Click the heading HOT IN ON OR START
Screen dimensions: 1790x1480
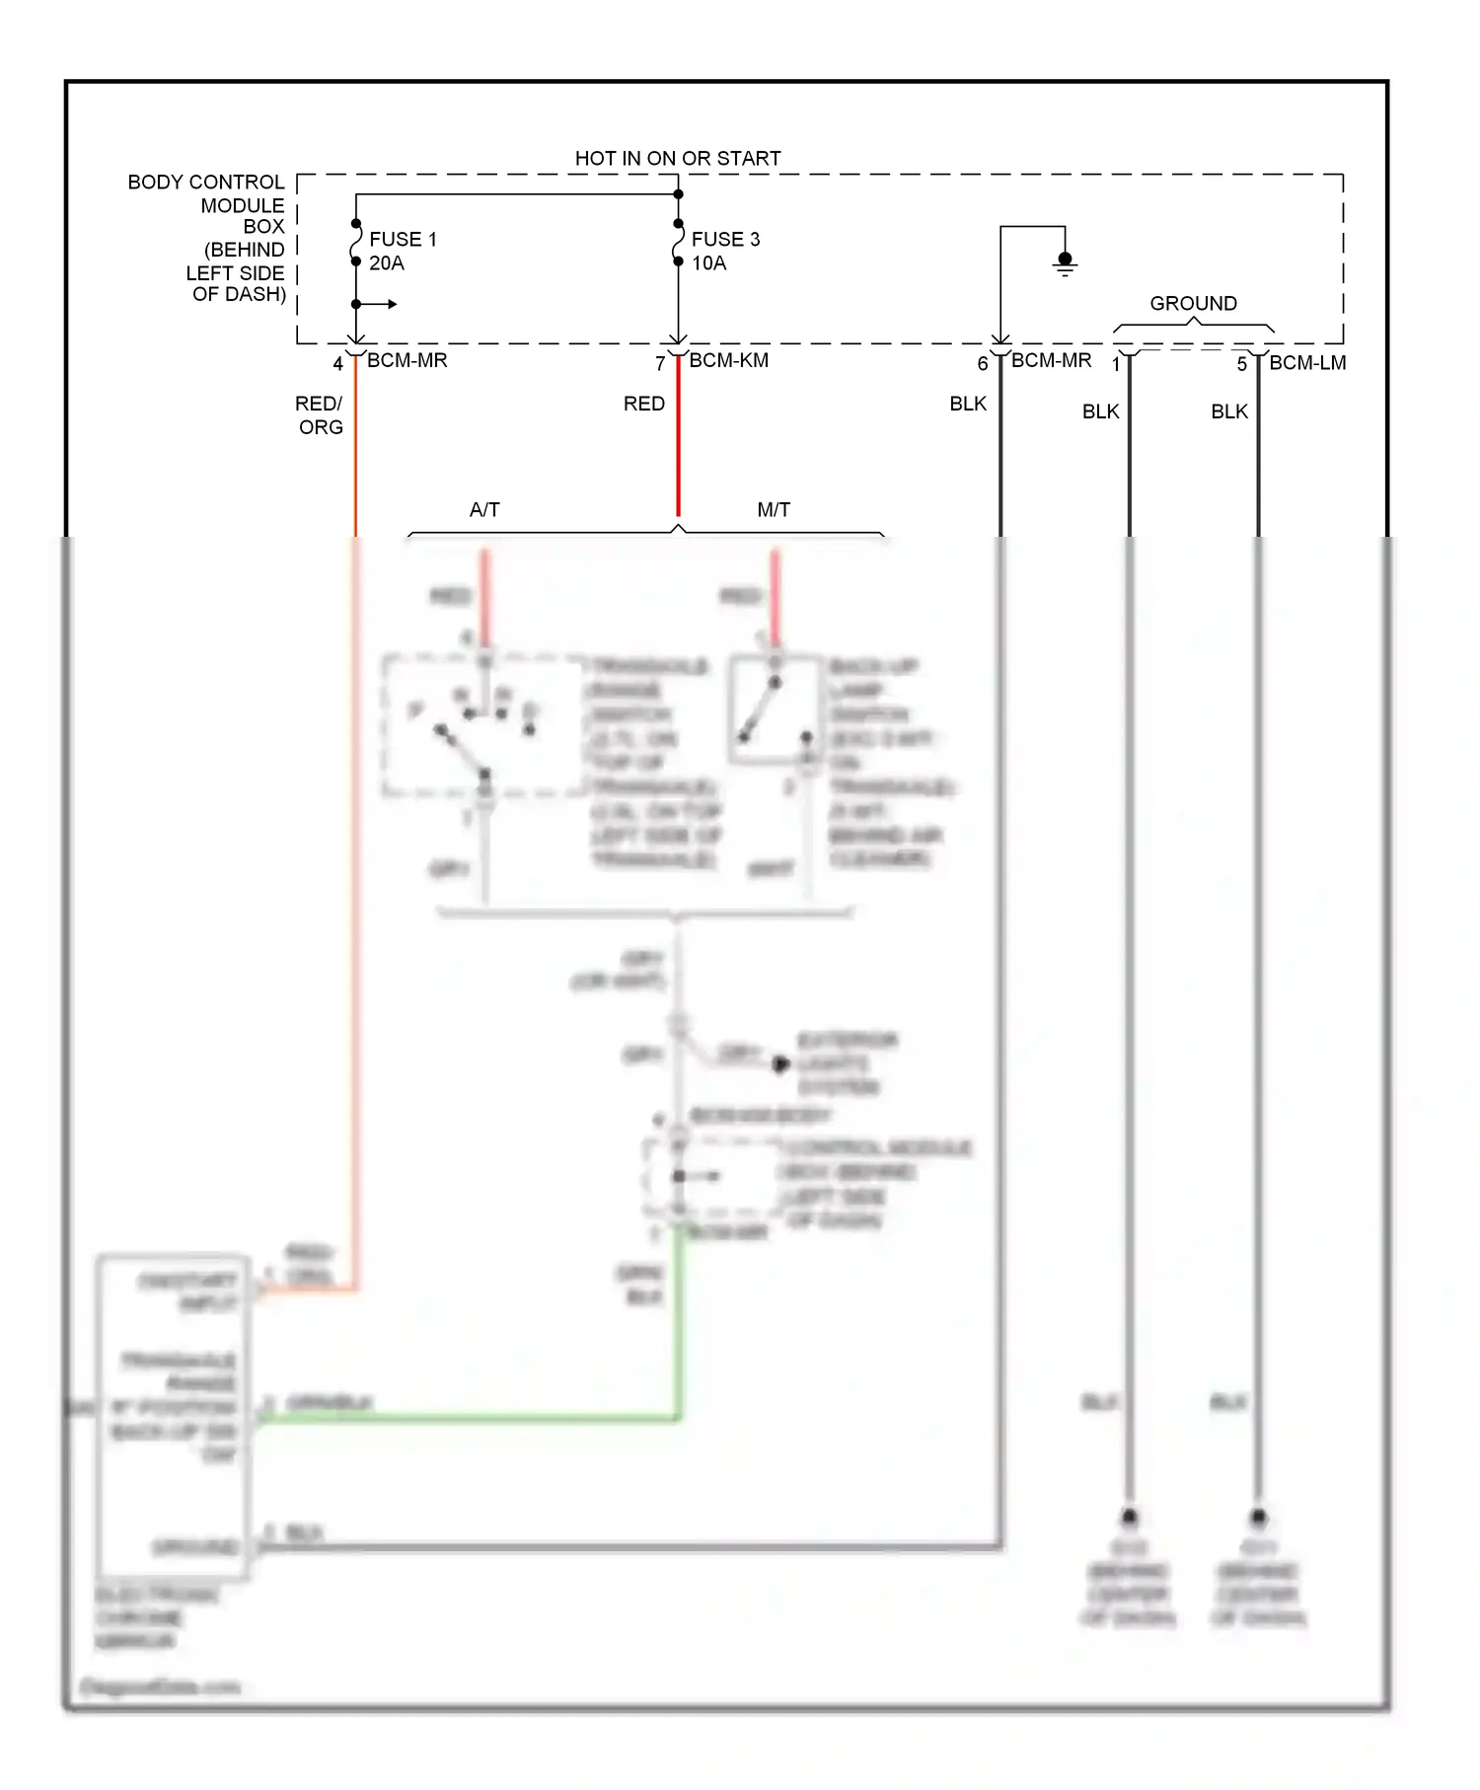[678, 158]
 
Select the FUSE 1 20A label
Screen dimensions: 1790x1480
[402, 251]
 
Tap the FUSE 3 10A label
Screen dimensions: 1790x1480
[725, 251]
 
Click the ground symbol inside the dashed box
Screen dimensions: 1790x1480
[1065, 263]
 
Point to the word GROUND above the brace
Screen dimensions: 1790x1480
[1193, 303]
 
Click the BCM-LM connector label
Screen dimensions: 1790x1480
[1307, 362]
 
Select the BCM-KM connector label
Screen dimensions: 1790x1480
[728, 360]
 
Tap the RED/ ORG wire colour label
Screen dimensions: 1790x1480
[320, 414]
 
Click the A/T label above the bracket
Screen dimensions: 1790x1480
[484, 509]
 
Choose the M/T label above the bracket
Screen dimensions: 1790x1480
[774, 509]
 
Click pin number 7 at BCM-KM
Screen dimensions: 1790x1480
[660, 364]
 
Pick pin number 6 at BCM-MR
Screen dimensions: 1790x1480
[982, 364]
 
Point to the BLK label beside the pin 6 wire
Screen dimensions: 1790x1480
[967, 404]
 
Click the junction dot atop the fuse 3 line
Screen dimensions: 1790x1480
[678, 194]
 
